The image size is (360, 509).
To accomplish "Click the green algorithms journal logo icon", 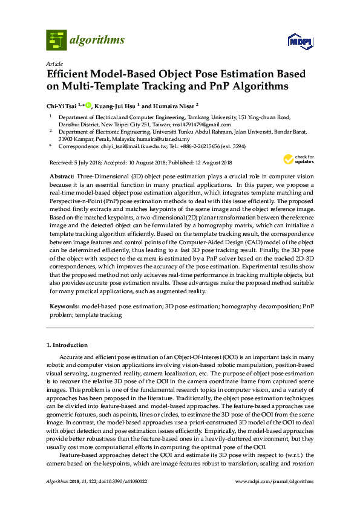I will pos(57,40).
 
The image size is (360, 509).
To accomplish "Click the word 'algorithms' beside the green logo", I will pos(97,41).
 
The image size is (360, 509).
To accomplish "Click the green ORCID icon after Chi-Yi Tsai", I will pos(88,105).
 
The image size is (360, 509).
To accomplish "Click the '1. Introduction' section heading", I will pos(67,345).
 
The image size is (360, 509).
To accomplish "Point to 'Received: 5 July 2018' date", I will pos(74,162).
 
